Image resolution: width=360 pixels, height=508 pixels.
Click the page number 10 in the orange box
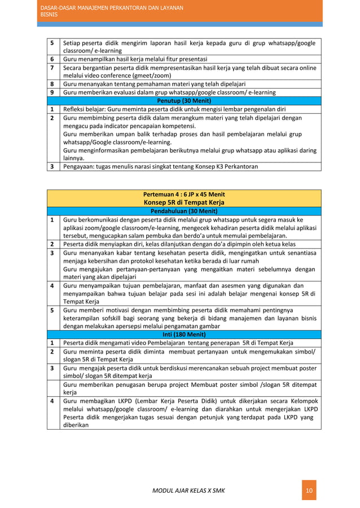click(x=308, y=490)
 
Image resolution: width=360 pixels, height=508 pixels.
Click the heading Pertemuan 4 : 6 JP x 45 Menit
click(x=183, y=195)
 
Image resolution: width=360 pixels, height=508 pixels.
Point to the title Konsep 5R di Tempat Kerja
click(x=183, y=202)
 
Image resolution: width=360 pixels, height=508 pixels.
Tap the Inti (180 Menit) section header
click(x=183, y=334)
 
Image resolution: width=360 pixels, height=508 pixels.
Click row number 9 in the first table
click(x=52, y=92)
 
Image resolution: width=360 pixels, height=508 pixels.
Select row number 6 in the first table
click(x=52, y=59)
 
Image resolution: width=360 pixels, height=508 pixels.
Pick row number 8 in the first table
click(x=52, y=84)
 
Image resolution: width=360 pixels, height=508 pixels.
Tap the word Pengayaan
click(x=80, y=166)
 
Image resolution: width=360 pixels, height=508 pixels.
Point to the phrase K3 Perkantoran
click(x=236, y=166)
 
